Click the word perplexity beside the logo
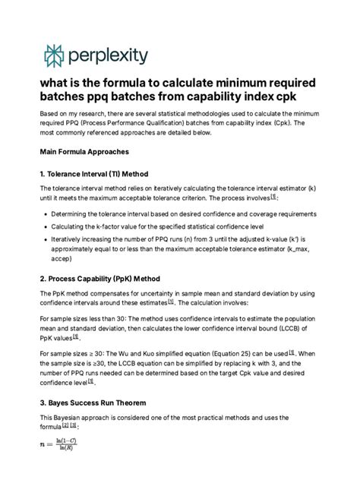tap(110, 55)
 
